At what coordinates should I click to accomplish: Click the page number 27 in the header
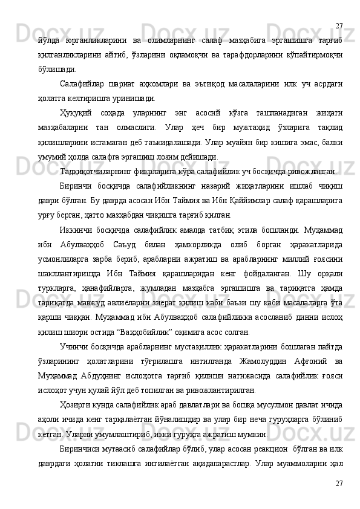coord(339,8)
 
